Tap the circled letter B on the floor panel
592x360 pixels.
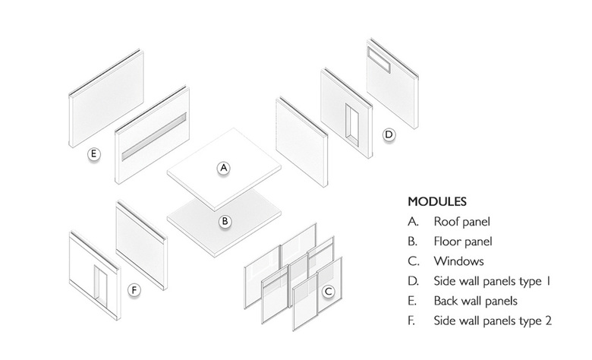(x=225, y=222)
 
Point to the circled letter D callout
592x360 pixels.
(x=388, y=135)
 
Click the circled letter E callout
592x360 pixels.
(x=93, y=155)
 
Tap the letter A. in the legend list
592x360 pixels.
(x=413, y=223)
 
